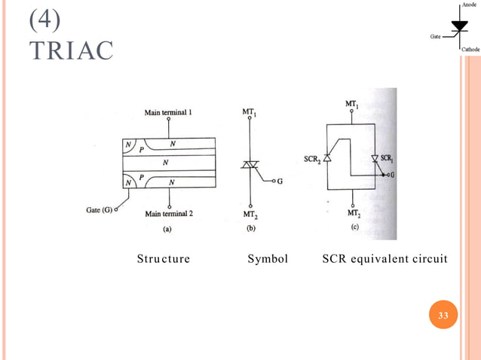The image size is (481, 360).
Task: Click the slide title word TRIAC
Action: pos(71,50)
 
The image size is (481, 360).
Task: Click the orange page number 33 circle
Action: pos(443,315)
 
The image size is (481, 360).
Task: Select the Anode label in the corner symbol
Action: pos(469,5)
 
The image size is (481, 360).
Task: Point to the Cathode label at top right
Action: pos(470,49)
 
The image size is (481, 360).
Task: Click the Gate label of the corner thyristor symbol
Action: pos(437,35)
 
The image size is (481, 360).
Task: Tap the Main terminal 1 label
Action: pos(168,112)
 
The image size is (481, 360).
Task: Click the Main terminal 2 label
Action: pos(169,214)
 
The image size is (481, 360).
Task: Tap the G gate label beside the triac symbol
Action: pos(269,182)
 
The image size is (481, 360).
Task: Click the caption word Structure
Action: pos(163,259)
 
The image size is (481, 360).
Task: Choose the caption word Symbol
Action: pos(268,259)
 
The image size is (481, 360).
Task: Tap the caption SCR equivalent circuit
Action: pos(384,259)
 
